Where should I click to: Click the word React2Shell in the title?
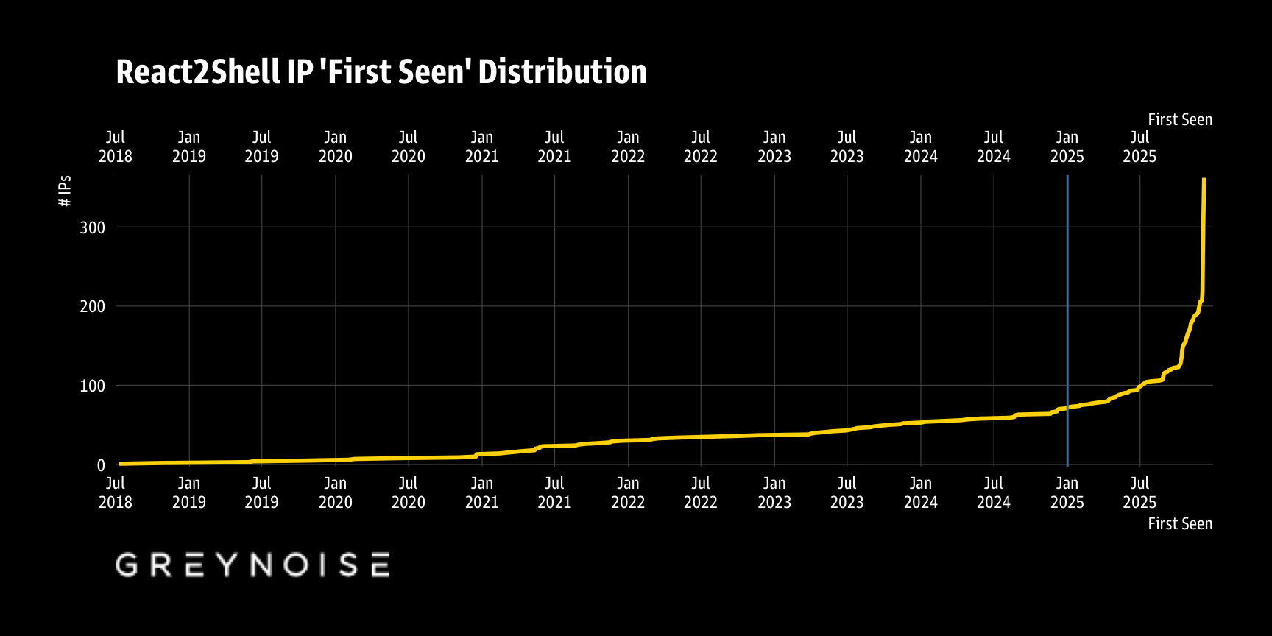[198, 72]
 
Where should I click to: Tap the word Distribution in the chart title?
[562, 72]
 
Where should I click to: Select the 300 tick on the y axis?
[93, 227]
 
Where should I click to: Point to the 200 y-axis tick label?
[93, 306]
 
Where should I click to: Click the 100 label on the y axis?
[93, 386]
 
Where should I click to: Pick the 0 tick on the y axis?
[101, 465]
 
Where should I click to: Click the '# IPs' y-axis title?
[65, 191]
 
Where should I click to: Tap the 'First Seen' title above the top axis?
[1179, 119]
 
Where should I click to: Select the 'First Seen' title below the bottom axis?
[1179, 523]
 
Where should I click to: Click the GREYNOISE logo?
[252, 565]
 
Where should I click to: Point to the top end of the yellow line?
[1204, 180]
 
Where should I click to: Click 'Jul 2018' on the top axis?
[116, 146]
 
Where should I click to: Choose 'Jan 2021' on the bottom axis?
[482, 492]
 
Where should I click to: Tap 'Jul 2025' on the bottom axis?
[1139, 492]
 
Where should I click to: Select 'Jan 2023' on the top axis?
[774, 146]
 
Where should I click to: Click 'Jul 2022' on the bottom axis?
[701, 492]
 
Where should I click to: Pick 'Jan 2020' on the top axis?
[336, 146]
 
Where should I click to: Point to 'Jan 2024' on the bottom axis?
[921, 492]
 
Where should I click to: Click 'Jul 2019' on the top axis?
[262, 146]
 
